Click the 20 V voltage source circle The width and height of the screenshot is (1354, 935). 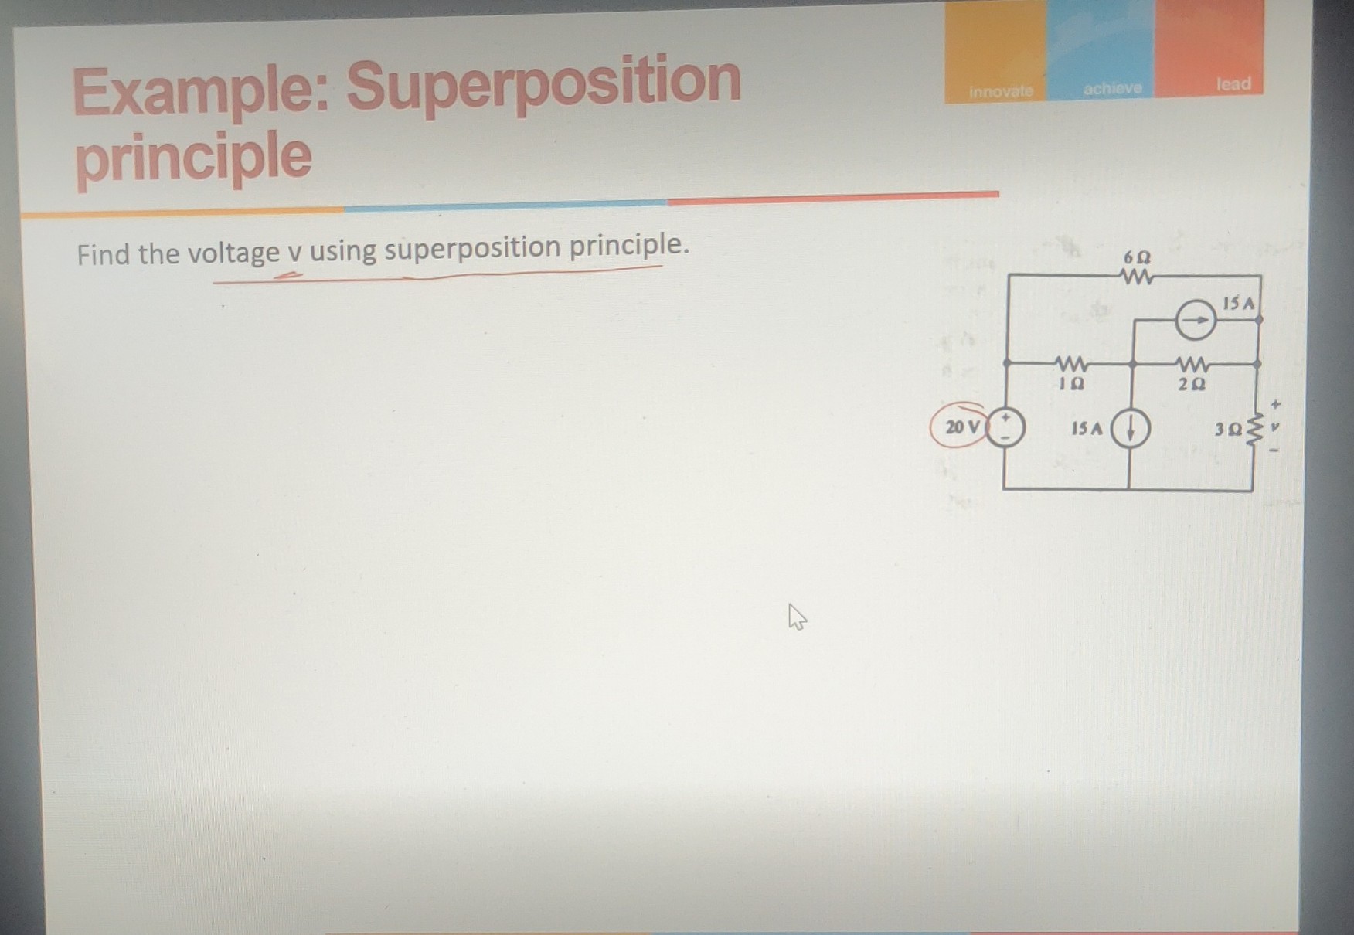pyautogui.click(x=1005, y=427)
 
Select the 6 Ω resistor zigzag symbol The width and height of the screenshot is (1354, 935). pyautogui.click(x=1136, y=277)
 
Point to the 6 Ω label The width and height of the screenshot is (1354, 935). pyautogui.click(x=1137, y=256)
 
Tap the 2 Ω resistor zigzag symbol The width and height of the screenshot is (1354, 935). pyautogui.click(x=1192, y=363)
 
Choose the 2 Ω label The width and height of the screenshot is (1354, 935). pyautogui.click(x=1192, y=383)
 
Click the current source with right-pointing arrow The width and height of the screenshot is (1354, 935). pyautogui.click(x=1195, y=320)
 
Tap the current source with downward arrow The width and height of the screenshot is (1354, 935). pyautogui.click(x=1130, y=427)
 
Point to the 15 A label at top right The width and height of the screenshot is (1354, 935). pyautogui.click(x=1239, y=303)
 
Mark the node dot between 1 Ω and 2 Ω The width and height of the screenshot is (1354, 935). pyautogui.click(x=1132, y=362)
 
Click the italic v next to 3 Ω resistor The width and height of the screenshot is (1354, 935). pyautogui.click(x=1276, y=426)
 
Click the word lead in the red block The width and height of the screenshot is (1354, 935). pyautogui.click(x=1233, y=83)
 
